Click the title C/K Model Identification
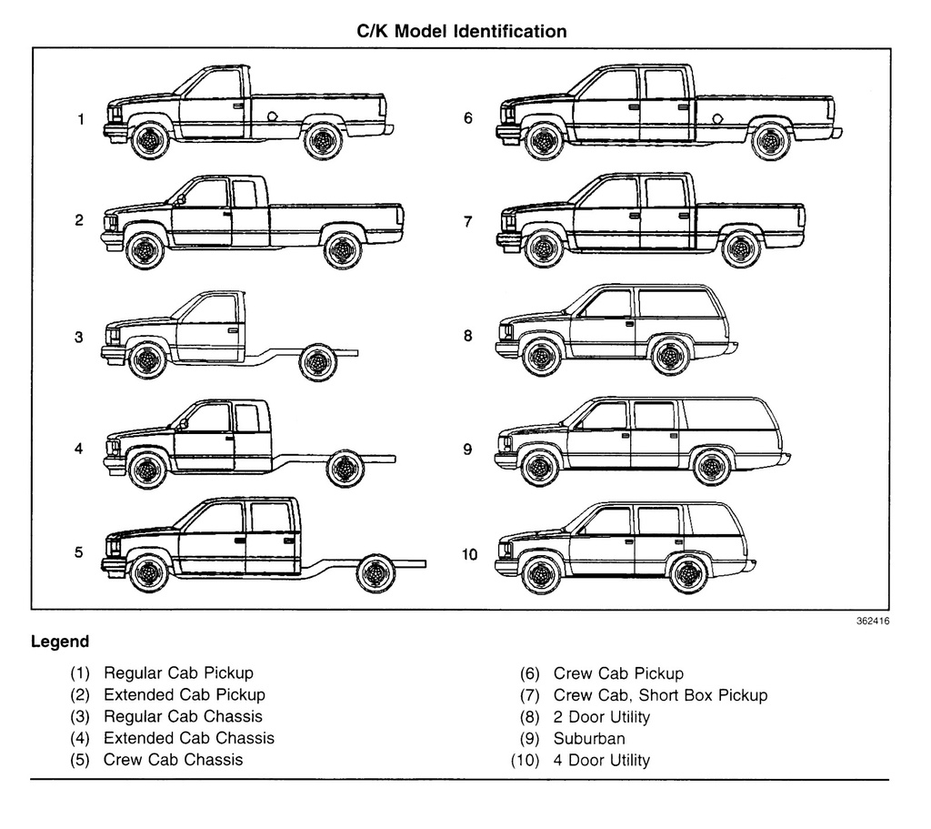[461, 31]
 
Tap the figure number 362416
[872, 622]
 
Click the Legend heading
[60, 642]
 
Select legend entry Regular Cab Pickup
[178, 673]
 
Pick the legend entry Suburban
[589, 739]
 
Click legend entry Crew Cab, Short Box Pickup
[660, 695]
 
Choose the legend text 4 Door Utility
[601, 761]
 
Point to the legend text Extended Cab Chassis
[188, 738]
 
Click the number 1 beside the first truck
[80, 119]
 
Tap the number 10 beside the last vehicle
[469, 555]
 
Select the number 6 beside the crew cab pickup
[468, 118]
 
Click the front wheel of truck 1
[149, 140]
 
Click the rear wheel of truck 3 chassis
[318, 362]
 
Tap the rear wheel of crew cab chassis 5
[375, 573]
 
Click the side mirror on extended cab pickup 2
[182, 197]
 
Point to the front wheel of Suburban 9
[539, 467]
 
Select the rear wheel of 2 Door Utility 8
[671, 356]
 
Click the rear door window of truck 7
[665, 193]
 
